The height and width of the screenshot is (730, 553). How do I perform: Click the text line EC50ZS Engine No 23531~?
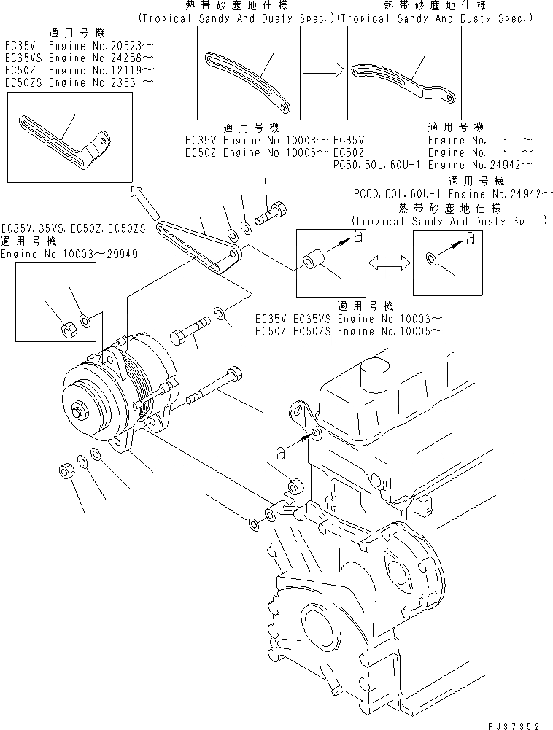(x=79, y=82)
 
